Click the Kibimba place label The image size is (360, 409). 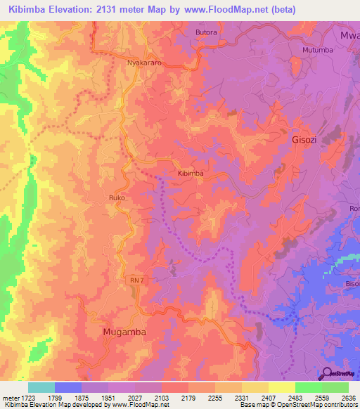point(191,173)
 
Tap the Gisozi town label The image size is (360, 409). point(307,140)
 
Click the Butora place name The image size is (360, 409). point(206,33)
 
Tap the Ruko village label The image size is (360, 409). point(117,199)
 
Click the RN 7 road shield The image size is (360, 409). point(136,280)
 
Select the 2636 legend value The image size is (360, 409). point(347,397)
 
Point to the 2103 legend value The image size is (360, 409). point(161,397)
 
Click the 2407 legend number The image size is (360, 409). point(268,397)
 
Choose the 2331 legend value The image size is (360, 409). point(241,397)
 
